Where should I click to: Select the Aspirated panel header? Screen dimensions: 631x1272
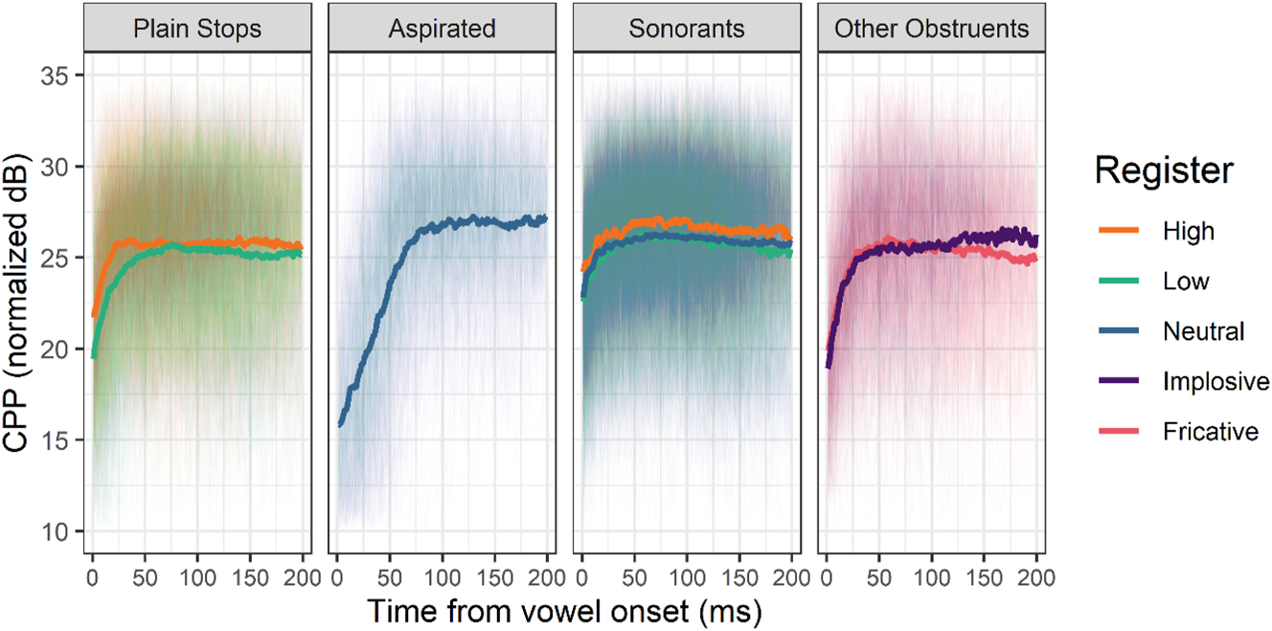click(x=442, y=29)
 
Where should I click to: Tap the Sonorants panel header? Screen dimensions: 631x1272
click(x=686, y=29)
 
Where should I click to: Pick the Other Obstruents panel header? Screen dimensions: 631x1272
click(x=931, y=29)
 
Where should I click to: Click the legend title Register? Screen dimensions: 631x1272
click(x=1164, y=171)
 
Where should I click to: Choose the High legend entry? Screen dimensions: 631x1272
click(x=1189, y=231)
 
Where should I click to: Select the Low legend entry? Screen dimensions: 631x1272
click(x=1186, y=282)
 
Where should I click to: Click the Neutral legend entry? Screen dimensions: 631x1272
click(x=1203, y=332)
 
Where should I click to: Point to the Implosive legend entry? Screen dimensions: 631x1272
click(x=1215, y=382)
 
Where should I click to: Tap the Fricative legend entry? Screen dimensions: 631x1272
click(x=1211, y=432)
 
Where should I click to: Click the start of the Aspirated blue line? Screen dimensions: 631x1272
click(x=340, y=423)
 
